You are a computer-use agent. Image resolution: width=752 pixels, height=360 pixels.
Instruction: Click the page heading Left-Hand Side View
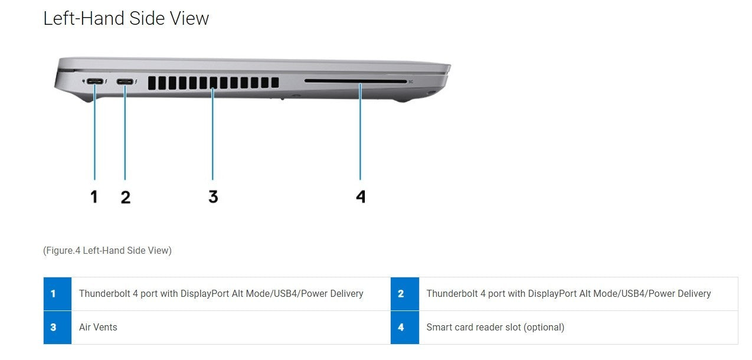(126, 18)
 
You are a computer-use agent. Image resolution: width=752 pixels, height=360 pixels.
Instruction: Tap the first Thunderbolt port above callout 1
(95, 81)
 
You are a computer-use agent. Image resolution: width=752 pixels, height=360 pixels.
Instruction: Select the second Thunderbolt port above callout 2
(125, 81)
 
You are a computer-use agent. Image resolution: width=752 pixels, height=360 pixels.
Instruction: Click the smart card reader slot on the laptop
(355, 81)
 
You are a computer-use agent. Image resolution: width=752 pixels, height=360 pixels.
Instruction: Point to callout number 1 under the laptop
(94, 197)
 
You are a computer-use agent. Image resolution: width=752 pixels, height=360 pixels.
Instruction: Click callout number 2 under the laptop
(126, 197)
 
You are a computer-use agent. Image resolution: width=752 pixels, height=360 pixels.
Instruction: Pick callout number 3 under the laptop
(213, 197)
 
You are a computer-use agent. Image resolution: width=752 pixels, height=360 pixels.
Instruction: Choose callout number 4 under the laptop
(361, 197)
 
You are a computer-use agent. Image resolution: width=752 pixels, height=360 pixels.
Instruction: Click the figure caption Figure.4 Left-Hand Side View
(107, 250)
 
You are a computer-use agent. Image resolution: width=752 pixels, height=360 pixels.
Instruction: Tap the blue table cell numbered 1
(57, 293)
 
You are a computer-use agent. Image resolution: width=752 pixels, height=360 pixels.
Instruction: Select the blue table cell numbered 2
(405, 293)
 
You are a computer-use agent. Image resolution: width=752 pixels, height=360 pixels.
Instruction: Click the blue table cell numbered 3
(57, 327)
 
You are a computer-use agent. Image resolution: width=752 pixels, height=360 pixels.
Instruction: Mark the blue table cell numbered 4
(405, 327)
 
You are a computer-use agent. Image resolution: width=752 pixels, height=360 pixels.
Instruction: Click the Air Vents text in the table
(98, 327)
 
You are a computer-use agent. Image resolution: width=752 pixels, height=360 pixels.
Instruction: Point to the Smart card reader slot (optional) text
(495, 327)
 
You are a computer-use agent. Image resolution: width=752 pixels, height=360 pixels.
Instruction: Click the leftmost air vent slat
(152, 83)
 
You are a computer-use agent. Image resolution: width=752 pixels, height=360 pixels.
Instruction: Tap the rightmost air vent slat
(275, 82)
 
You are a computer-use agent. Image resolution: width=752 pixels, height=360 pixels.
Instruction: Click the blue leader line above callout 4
(360, 132)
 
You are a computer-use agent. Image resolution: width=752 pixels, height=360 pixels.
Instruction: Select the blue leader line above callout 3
(212, 133)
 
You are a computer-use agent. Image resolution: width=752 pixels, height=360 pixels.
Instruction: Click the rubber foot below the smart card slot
(402, 100)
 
